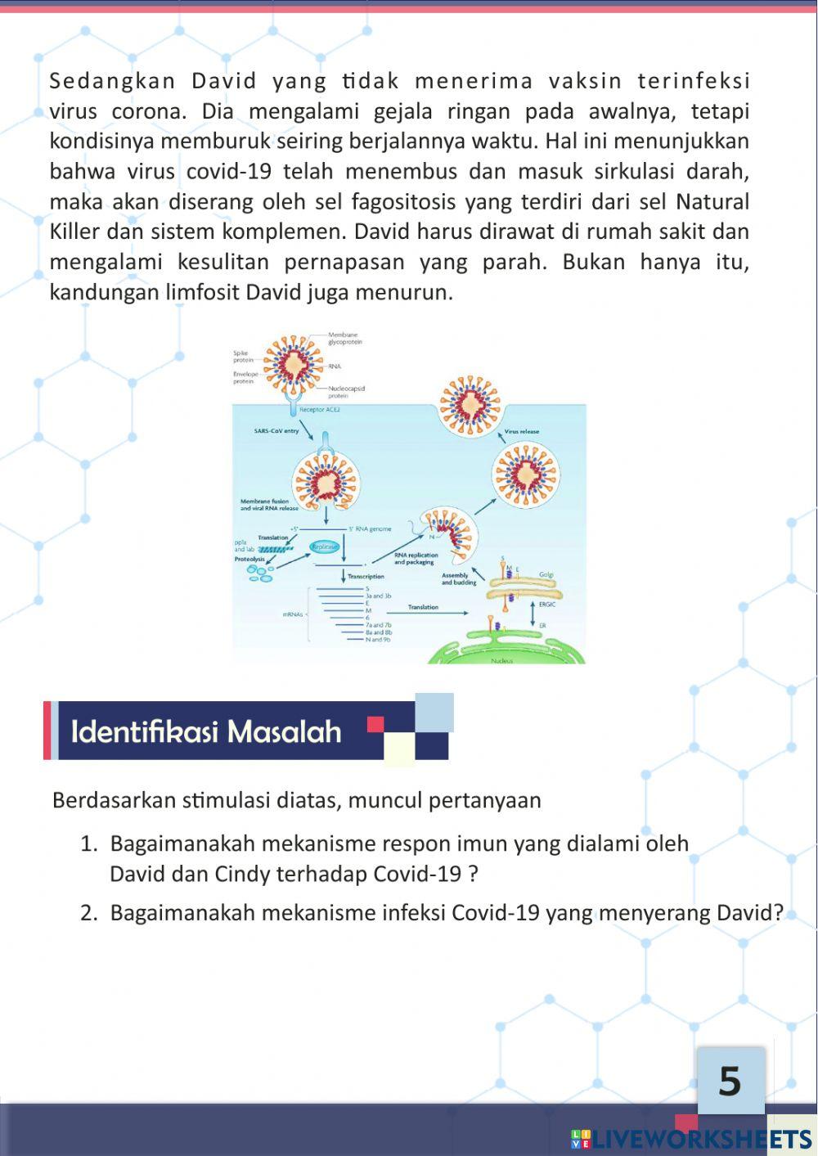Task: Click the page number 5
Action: pyautogui.click(x=730, y=1082)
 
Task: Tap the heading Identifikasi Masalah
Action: pyautogui.click(x=206, y=731)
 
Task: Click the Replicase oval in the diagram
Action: pyautogui.click(x=324, y=547)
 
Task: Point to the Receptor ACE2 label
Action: pyautogui.click(x=320, y=409)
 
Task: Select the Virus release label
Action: pyautogui.click(x=522, y=431)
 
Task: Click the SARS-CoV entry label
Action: pyautogui.click(x=276, y=430)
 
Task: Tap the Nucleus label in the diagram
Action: pyautogui.click(x=502, y=660)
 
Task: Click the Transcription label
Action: pyautogui.click(x=366, y=576)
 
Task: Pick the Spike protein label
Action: pyautogui.click(x=244, y=356)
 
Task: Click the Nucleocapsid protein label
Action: pyautogui.click(x=346, y=391)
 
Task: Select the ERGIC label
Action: pyautogui.click(x=547, y=604)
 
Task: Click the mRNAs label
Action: pyautogui.click(x=293, y=614)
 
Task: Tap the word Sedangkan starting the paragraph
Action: pyautogui.click(x=113, y=81)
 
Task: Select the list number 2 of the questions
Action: pyautogui.click(x=89, y=912)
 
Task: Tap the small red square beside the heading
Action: pyautogui.click(x=375, y=724)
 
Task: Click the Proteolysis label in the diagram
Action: pyautogui.click(x=249, y=559)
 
